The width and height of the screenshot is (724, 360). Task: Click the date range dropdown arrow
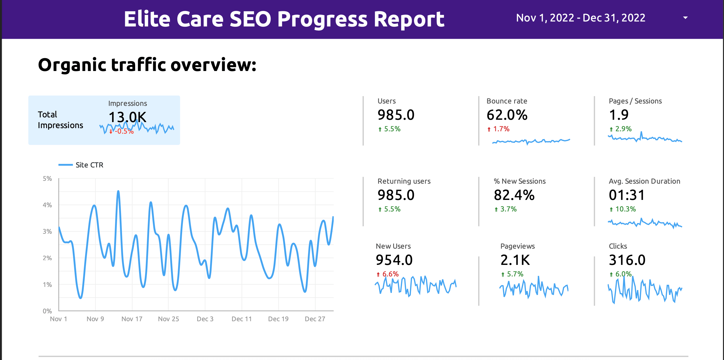tap(685, 18)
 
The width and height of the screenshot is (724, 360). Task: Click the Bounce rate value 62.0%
tap(507, 115)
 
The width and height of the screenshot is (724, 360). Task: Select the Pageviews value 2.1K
tap(515, 260)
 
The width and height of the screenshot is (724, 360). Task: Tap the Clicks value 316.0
tap(627, 260)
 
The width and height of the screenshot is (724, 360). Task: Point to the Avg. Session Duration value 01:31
tap(627, 195)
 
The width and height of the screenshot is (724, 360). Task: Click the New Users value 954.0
tap(394, 260)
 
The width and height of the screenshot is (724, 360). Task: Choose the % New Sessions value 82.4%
tap(514, 195)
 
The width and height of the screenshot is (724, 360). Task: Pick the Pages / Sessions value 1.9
tap(618, 115)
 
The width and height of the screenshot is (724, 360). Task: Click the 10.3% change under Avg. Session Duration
tap(625, 209)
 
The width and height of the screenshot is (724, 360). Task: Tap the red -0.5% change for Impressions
tap(124, 131)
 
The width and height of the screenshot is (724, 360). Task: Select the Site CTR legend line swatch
tap(65, 165)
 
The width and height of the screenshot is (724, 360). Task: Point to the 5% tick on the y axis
tap(47, 179)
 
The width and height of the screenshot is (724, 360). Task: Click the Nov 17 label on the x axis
tap(132, 319)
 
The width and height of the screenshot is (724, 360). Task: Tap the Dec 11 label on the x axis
tap(242, 319)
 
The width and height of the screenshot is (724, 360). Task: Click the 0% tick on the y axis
tap(47, 311)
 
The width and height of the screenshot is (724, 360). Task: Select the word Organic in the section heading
tap(72, 65)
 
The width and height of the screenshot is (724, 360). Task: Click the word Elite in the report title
tap(147, 19)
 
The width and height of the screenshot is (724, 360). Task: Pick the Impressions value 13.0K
tap(127, 117)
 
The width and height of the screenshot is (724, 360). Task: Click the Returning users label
tap(404, 181)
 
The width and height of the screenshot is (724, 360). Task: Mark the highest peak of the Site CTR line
tap(118, 191)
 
